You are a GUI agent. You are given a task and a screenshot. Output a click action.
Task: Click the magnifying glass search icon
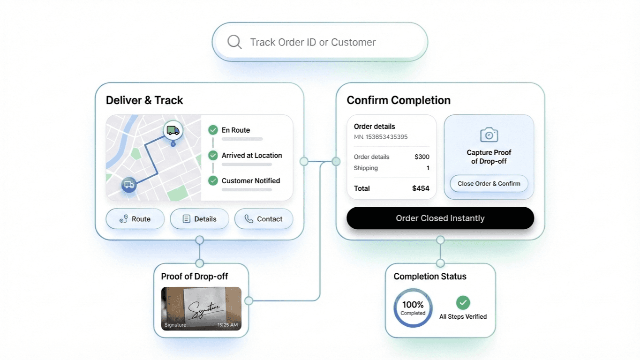click(x=234, y=42)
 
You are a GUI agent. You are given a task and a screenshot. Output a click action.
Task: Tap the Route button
click(x=135, y=219)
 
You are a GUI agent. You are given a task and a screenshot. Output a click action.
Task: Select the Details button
click(x=199, y=219)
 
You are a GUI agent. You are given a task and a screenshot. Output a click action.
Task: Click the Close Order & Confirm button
click(x=489, y=184)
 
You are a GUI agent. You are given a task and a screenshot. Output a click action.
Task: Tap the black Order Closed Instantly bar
click(x=440, y=218)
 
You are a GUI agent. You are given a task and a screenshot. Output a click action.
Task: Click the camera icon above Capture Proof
click(x=489, y=135)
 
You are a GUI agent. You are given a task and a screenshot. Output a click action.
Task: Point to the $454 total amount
click(x=421, y=188)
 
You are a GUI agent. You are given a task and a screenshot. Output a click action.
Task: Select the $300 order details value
click(x=422, y=157)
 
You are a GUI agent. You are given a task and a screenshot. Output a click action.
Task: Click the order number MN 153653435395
click(x=381, y=137)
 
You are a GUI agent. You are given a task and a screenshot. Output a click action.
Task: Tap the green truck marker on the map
click(x=173, y=131)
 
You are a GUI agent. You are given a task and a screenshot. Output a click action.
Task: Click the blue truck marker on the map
click(x=128, y=185)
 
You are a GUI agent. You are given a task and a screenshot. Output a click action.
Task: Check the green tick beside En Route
click(x=213, y=130)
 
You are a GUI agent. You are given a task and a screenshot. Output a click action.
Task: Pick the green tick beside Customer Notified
click(x=213, y=180)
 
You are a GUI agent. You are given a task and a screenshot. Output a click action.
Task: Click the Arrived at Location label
click(x=252, y=156)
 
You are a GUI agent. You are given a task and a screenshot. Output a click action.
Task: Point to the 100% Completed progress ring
click(x=413, y=307)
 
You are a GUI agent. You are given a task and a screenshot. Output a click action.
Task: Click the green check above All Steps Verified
click(x=463, y=302)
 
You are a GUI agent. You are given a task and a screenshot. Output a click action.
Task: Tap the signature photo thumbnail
click(x=201, y=308)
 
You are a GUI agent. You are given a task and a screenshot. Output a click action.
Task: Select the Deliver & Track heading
click(x=144, y=100)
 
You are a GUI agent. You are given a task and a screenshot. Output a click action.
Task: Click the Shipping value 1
click(x=428, y=168)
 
